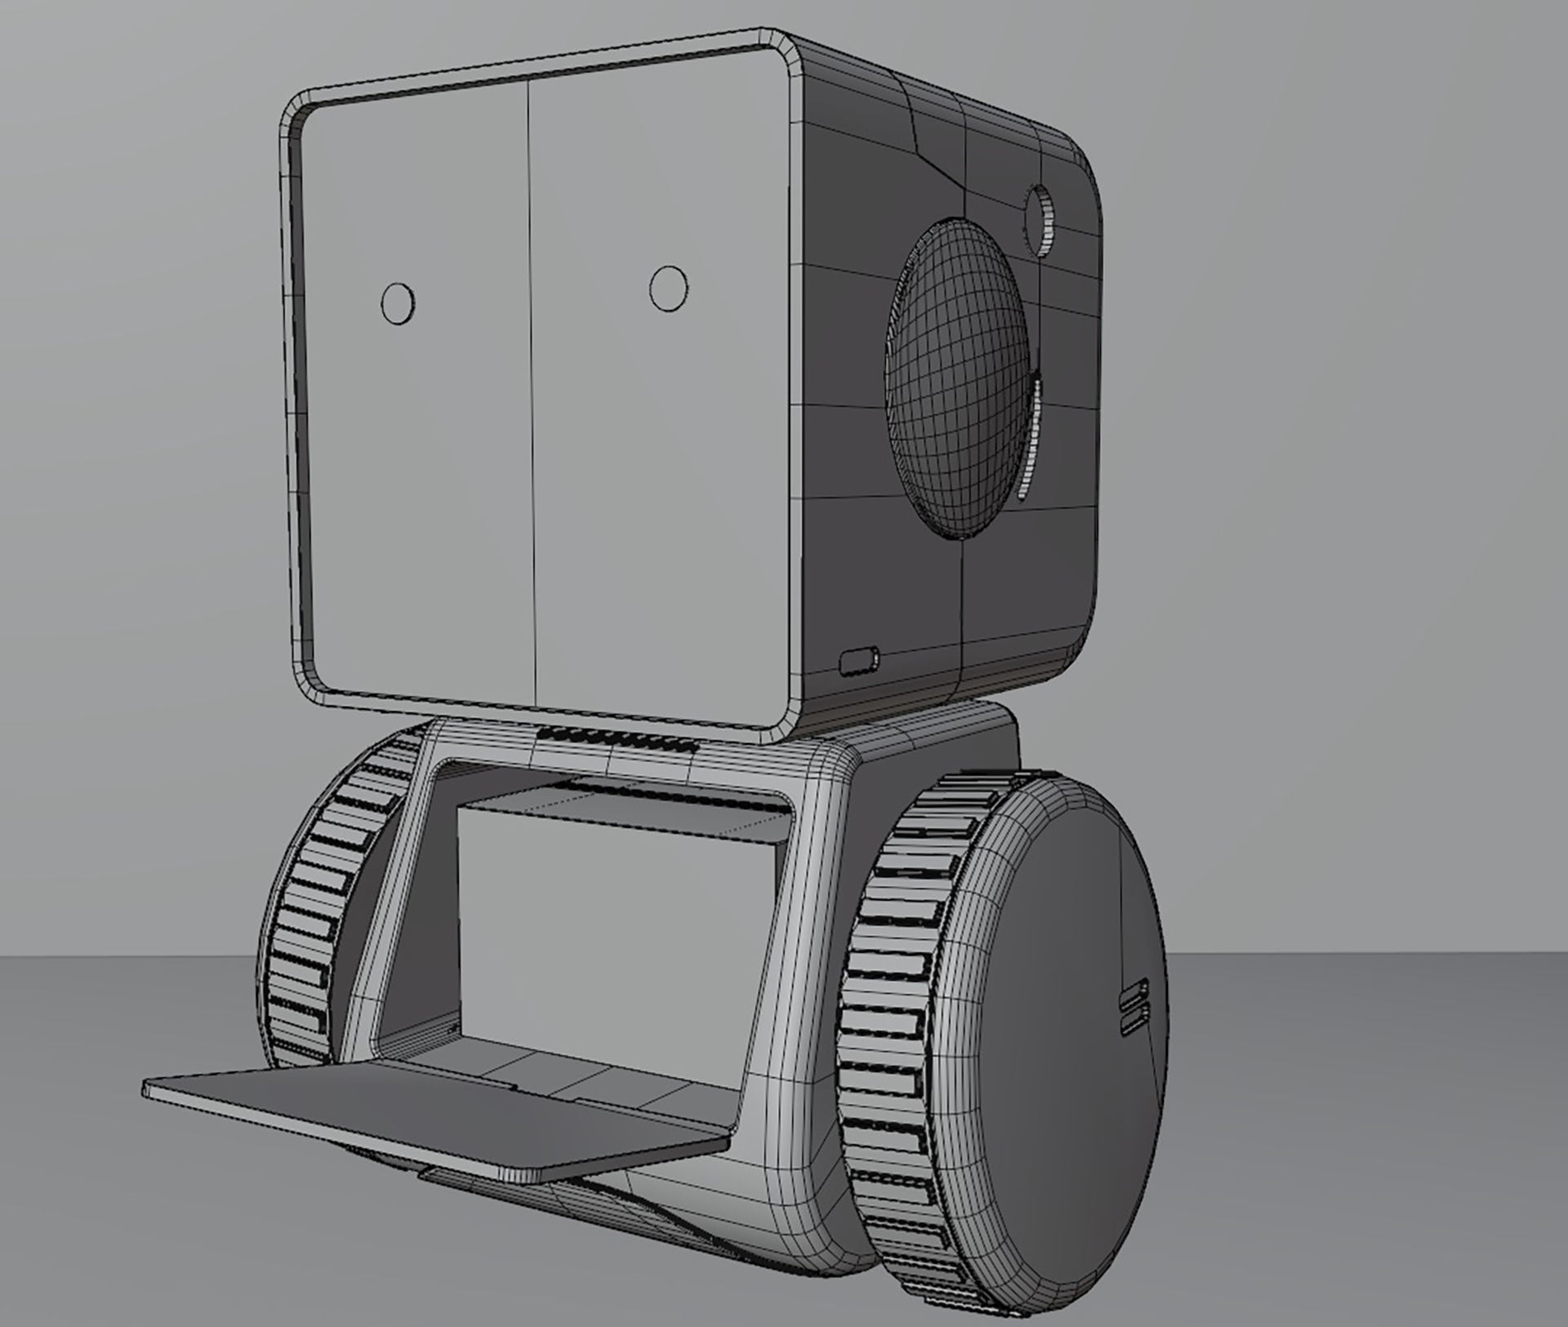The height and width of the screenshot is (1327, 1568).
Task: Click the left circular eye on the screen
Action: pyautogui.click(x=398, y=303)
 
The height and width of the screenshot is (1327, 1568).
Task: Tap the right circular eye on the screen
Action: pyautogui.click(x=668, y=288)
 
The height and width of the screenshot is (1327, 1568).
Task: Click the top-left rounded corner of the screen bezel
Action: pyautogui.click(x=296, y=114)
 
